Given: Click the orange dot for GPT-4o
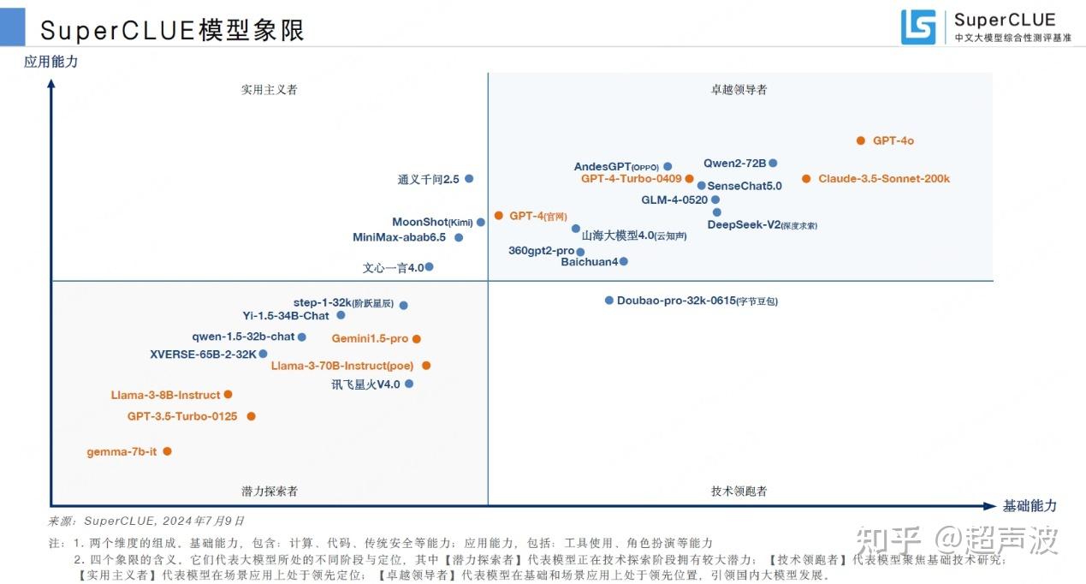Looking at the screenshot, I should click(x=861, y=140).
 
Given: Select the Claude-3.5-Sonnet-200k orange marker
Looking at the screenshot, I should click(x=806, y=179).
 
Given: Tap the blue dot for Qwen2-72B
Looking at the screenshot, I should click(x=773, y=163).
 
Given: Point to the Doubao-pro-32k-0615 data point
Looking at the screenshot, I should click(x=609, y=301).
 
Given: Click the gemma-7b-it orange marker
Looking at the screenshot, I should click(x=168, y=451).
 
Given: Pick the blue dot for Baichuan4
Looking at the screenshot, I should click(x=624, y=261).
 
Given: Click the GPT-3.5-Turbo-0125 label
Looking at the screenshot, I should click(x=182, y=416).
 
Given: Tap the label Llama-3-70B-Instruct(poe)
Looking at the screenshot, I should click(x=342, y=366).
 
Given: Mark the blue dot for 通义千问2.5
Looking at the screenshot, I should click(x=469, y=179).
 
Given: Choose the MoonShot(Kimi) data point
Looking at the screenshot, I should click(x=481, y=222).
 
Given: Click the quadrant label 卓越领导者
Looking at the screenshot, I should click(x=739, y=89).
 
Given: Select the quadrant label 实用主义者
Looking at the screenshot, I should click(x=269, y=89).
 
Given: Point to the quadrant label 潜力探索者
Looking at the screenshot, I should click(x=269, y=491).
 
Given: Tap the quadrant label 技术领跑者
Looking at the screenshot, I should click(x=739, y=491).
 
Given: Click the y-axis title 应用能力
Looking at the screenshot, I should click(x=51, y=62).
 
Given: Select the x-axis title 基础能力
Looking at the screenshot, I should click(x=1030, y=505).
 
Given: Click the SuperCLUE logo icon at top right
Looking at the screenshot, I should click(x=918, y=27).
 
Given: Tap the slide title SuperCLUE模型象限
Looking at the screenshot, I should click(x=172, y=30).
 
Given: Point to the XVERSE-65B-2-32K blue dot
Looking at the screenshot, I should click(x=264, y=354).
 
